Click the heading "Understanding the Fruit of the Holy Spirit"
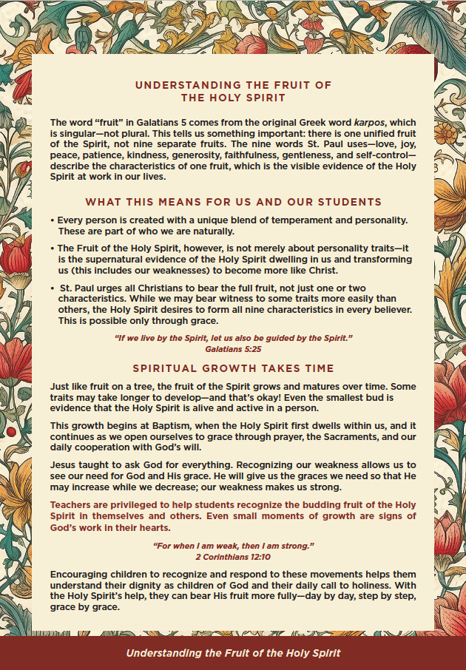coord(233,91)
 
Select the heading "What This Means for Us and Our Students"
coord(233,202)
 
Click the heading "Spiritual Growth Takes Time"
coord(233,368)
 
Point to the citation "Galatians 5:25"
coord(233,347)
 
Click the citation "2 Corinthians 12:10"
coord(233,555)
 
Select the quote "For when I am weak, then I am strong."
coord(233,546)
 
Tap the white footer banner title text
coord(233,653)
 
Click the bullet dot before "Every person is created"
coord(52,221)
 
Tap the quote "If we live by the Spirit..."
coord(233,337)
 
